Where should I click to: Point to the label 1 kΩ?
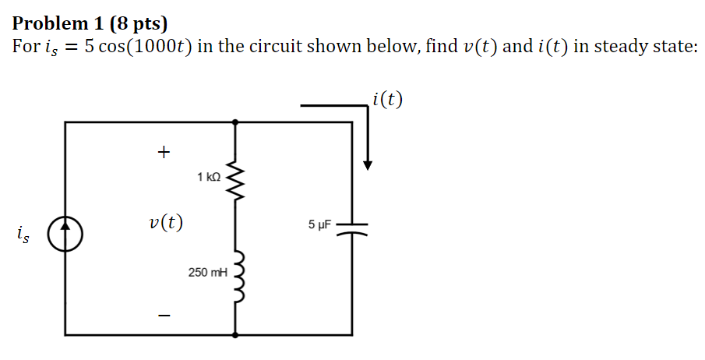(x=210, y=178)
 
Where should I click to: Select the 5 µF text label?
(x=319, y=225)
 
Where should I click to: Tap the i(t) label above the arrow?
(x=387, y=99)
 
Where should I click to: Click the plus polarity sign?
(x=163, y=152)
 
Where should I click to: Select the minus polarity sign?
(x=163, y=316)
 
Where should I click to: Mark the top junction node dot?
(x=236, y=122)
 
